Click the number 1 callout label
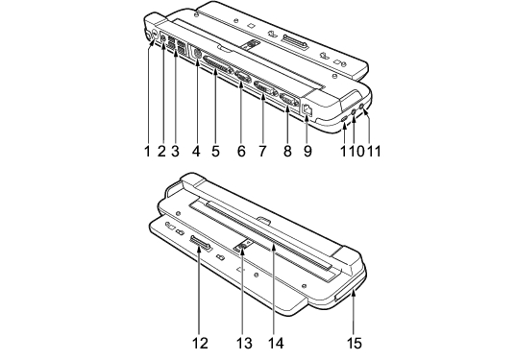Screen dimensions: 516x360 click(x=147, y=152)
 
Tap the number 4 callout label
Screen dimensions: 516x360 click(x=196, y=152)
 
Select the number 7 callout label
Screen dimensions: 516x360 click(x=262, y=152)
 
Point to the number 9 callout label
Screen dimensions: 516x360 click(x=307, y=152)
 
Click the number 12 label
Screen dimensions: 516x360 click(x=200, y=344)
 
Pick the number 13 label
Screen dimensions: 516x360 click(x=244, y=344)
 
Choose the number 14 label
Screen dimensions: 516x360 click(x=276, y=344)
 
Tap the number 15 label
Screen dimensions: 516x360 click(x=355, y=344)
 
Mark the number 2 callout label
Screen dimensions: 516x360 click(x=161, y=152)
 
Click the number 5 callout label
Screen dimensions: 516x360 click(x=215, y=152)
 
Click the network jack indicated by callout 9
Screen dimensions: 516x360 click(x=307, y=109)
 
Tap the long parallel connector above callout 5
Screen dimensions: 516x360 click(x=217, y=65)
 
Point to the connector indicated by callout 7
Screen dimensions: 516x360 click(x=266, y=89)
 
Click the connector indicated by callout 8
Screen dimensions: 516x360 click(x=289, y=100)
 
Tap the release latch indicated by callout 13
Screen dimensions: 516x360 click(x=243, y=246)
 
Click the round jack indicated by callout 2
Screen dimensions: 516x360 click(x=163, y=37)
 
